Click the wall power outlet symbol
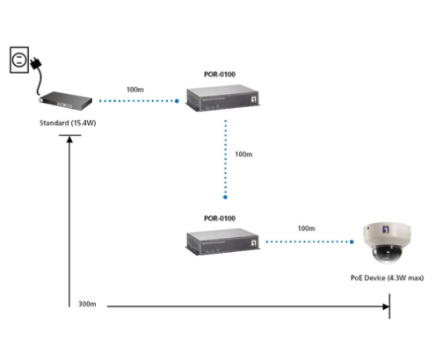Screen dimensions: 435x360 click(19, 60)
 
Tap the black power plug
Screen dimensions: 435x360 click(36, 63)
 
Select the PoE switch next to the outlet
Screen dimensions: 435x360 click(66, 101)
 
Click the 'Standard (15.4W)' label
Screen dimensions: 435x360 click(68, 123)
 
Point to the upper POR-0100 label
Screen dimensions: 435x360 click(220, 75)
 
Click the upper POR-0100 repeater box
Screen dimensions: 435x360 click(223, 97)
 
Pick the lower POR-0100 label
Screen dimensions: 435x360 click(220, 219)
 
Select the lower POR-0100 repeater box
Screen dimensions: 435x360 click(223, 241)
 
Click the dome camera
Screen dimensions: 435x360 click(387, 243)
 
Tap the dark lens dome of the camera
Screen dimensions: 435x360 click(386, 254)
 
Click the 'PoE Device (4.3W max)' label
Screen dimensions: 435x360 click(388, 277)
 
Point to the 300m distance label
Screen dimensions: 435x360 click(87, 304)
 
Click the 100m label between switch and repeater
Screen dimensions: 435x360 click(135, 90)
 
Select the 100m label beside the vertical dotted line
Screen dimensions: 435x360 click(243, 155)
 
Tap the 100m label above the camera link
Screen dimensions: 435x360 click(307, 228)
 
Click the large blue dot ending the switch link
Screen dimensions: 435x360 click(177, 101)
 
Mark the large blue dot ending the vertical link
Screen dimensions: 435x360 click(225, 198)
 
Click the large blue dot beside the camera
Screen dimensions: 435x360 click(352, 241)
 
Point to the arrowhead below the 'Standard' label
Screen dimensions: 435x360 click(69, 140)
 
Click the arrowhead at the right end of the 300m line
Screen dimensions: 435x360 click(386, 306)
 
